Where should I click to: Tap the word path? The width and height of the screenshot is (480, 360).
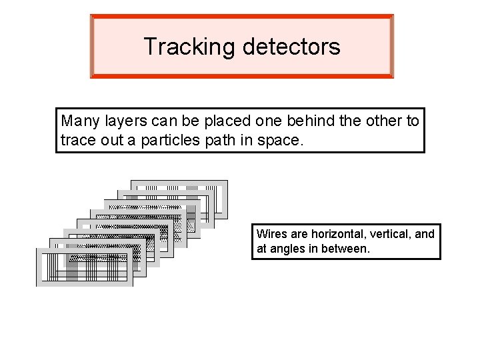point(216,141)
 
